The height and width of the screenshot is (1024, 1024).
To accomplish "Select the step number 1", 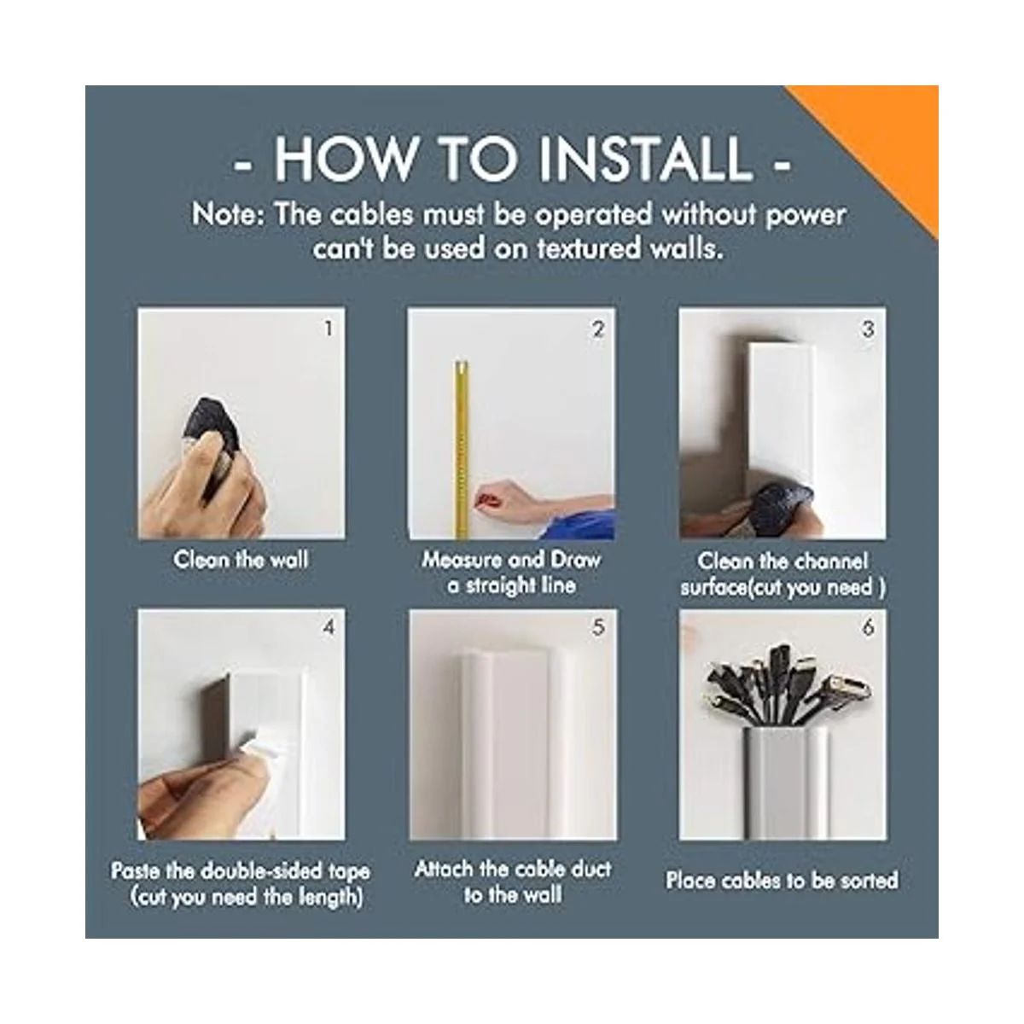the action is [329, 329].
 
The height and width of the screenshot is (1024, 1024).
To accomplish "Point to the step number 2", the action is [598, 329].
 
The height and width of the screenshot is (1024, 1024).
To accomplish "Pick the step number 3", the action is [868, 329].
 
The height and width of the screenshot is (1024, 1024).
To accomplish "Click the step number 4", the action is [329, 627].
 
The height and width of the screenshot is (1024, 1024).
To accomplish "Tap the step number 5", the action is [598, 627].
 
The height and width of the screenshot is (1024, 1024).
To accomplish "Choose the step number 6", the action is [868, 627].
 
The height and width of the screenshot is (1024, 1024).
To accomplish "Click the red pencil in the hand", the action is [486, 499].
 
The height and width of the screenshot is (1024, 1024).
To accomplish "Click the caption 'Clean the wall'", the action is [241, 560].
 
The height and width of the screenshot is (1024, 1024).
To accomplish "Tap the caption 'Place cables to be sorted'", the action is [783, 881].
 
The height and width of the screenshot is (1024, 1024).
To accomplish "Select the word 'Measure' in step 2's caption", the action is [462, 560].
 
